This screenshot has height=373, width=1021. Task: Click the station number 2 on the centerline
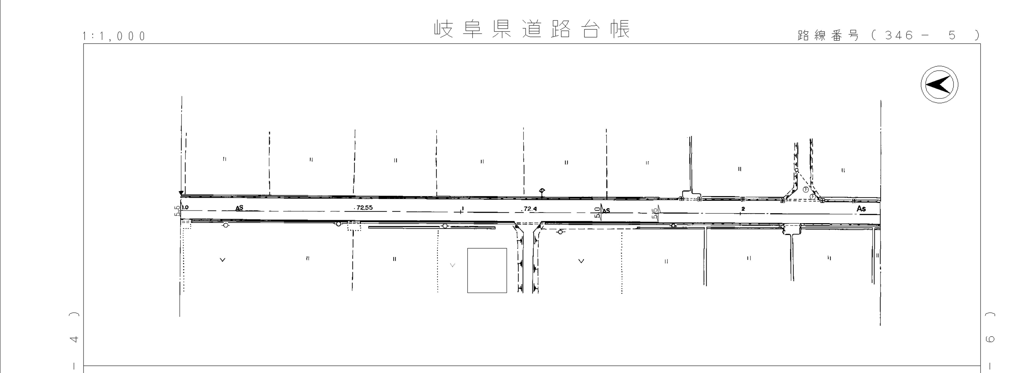pos(743,209)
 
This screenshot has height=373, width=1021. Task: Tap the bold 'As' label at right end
pos(861,209)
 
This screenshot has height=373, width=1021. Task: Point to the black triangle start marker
pos(181,193)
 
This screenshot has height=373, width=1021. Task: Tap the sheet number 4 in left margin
pos(74,339)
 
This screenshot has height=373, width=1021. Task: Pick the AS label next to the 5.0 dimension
pos(606,211)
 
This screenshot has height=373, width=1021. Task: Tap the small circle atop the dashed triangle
pos(796,170)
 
